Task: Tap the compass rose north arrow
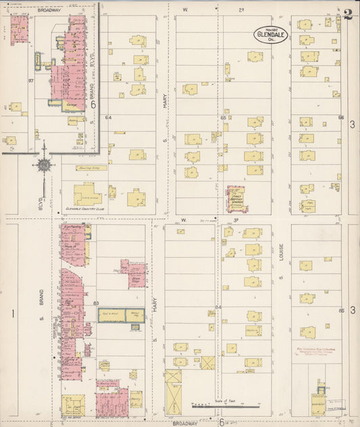click(43, 164)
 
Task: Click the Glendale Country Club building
click(87, 195)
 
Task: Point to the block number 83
click(96, 303)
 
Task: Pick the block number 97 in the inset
click(30, 81)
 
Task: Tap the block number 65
click(223, 118)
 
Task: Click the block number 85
click(341, 311)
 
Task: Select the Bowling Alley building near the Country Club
click(91, 168)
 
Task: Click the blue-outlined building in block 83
click(121, 315)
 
